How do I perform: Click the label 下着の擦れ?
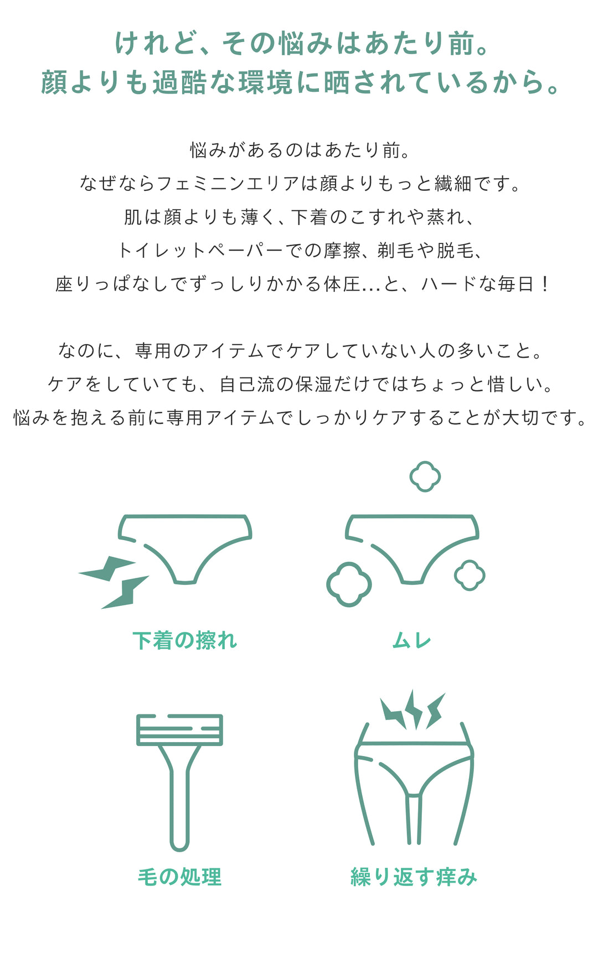tap(185, 640)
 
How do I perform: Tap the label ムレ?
tap(411, 641)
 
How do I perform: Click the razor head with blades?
tap(179, 729)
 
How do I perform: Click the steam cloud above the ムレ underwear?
tap(425, 476)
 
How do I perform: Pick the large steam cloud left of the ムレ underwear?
tap(349, 584)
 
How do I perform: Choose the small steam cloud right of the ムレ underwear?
tap(470, 576)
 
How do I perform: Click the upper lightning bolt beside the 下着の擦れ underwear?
tap(109, 569)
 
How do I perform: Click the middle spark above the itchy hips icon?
tap(414, 708)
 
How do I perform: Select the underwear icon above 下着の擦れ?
tap(185, 545)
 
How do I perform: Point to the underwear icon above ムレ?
tap(412, 545)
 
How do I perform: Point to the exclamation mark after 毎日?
tap(545, 284)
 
